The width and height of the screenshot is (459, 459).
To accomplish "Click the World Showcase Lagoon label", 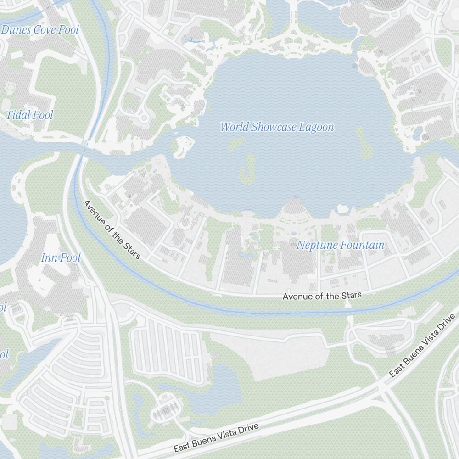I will (277, 127).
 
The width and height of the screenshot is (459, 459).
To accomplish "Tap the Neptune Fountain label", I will (340, 245).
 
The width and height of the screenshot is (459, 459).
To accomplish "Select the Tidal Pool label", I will (29, 115).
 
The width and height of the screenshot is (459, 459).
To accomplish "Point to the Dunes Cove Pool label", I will (40, 30).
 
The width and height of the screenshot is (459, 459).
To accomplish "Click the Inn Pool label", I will (61, 258).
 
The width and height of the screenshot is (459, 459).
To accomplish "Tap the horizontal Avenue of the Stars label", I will (322, 296).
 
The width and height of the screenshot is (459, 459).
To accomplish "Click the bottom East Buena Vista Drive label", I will (216, 438).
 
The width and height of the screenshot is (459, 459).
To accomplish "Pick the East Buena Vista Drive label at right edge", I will (424, 346).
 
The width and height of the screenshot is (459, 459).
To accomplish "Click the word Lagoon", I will (316, 127).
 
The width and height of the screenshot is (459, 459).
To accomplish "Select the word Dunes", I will (17, 30).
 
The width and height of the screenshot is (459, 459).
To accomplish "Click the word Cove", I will (45, 30).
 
